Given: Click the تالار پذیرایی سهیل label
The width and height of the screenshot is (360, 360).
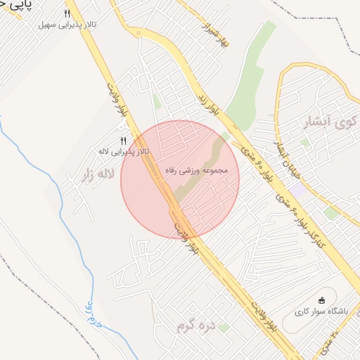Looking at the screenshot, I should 67,25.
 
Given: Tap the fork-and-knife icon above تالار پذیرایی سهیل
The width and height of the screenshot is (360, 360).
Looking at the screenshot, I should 67,13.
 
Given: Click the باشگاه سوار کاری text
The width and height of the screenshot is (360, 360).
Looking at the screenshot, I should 321,311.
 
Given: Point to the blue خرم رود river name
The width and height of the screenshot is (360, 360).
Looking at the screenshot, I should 94,317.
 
